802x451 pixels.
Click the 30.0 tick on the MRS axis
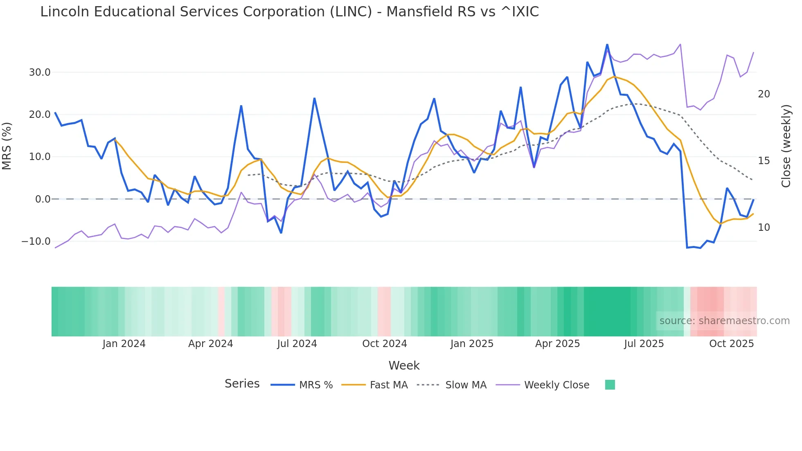click(x=39, y=72)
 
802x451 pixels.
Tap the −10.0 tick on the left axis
click(x=36, y=241)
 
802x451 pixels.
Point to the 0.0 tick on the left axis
click(x=43, y=199)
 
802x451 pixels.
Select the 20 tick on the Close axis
click(x=764, y=94)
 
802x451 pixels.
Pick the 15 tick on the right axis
click(x=764, y=161)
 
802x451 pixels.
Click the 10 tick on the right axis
click(x=764, y=228)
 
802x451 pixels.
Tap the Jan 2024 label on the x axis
click(x=124, y=344)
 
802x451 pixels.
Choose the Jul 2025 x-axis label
click(x=644, y=344)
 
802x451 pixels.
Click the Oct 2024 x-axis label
click(x=384, y=344)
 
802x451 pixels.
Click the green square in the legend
click(x=610, y=385)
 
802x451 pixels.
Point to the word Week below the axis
click(x=404, y=365)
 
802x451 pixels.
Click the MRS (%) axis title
click(x=7, y=146)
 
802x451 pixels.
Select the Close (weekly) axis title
click(x=786, y=146)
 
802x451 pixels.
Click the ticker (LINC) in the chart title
click(x=351, y=12)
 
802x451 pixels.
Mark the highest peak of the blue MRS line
click(x=607, y=45)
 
